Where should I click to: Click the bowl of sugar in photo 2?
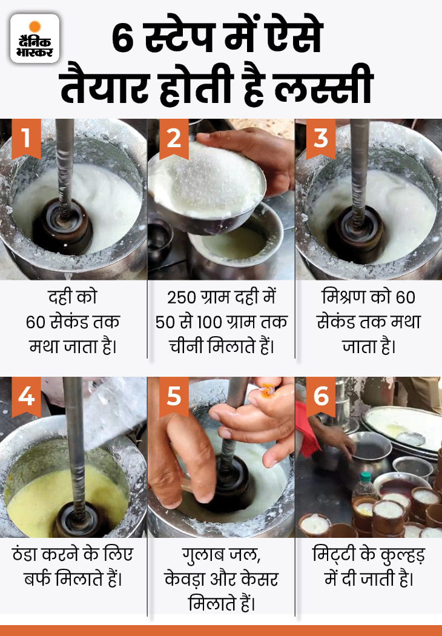point(206,176)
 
